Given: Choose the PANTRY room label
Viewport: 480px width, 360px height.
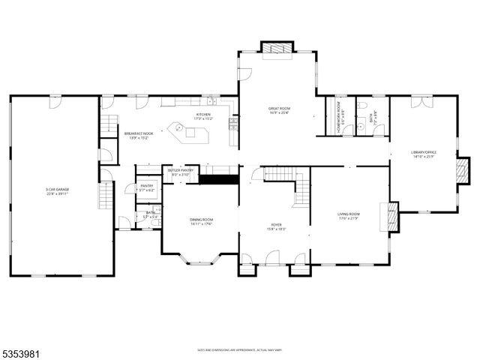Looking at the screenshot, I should pos(146,189).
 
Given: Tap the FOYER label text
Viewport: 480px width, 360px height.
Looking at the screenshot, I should pos(276,227).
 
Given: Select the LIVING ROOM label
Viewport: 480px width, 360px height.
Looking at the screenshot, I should pos(348,216).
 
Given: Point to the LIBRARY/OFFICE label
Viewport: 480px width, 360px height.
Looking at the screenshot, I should pos(424,154).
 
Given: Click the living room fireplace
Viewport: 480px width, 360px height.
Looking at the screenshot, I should pos(389,217).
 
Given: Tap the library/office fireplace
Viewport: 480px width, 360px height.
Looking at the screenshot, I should pos(463,171).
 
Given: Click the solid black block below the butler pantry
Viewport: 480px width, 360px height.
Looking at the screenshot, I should pos(218,178).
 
